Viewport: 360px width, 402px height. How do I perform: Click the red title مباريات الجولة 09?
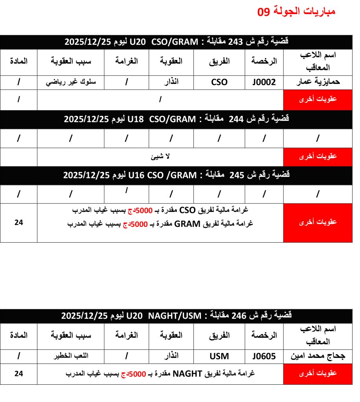[296, 11]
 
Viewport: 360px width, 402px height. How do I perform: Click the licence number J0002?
[264, 82]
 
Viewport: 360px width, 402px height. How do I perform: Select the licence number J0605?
[264, 356]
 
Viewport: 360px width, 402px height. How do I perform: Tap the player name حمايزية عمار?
[318, 82]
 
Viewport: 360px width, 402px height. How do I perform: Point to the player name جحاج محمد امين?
[318, 356]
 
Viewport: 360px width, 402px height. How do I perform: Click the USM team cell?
[219, 356]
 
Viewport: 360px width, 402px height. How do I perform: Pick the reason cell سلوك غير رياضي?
[71, 82]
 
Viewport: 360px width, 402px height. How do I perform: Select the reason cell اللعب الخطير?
[71, 356]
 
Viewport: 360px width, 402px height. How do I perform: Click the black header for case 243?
[176, 42]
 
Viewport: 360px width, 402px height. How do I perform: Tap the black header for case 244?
[176, 119]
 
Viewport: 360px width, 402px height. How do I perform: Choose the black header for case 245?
[176, 175]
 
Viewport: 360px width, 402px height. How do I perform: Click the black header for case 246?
[176, 316]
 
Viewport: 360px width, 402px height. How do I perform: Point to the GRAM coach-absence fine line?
[160, 224]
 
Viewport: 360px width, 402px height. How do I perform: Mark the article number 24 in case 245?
[19, 222]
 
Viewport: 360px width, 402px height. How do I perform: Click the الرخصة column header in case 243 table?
[264, 61]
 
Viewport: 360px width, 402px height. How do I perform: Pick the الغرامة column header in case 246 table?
[127, 335]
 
